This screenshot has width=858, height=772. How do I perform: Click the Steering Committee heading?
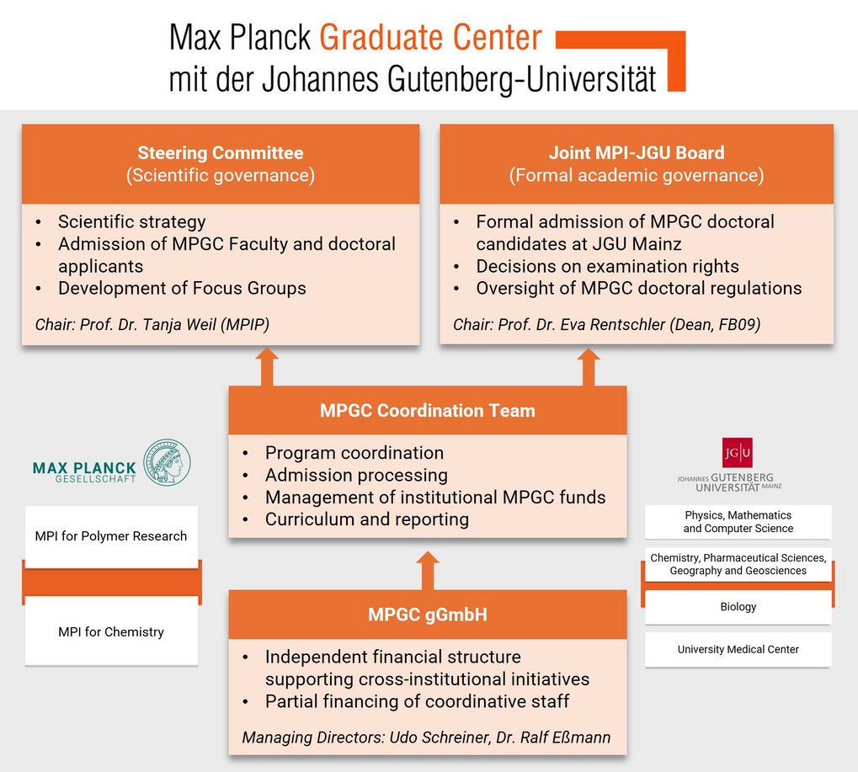click(221, 152)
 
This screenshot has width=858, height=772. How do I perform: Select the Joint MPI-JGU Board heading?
click(637, 152)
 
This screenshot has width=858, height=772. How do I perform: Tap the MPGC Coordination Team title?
click(428, 410)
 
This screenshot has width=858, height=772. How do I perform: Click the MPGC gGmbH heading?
click(428, 615)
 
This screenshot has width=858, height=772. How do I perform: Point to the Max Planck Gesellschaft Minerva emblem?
click(167, 462)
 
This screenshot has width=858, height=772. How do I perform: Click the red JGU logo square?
click(737, 452)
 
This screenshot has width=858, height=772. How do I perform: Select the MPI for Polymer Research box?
click(111, 536)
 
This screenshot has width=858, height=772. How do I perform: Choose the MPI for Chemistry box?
click(111, 631)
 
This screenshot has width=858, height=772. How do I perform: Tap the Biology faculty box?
click(738, 607)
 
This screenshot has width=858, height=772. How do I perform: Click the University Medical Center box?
click(738, 649)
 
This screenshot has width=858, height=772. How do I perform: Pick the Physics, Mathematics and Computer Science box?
click(738, 522)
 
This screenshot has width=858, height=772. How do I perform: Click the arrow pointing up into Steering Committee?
click(267, 366)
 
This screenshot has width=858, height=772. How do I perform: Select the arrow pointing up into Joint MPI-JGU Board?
click(589, 366)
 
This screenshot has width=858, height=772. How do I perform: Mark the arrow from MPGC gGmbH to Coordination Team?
click(428, 571)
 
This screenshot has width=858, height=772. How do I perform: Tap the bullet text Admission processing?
click(356, 475)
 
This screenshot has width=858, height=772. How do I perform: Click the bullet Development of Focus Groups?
click(182, 288)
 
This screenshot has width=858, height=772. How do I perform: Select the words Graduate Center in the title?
click(430, 37)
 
